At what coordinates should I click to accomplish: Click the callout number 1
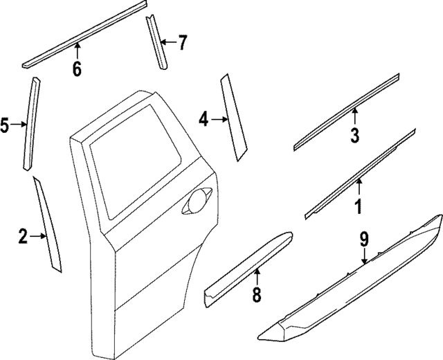pos(359,206)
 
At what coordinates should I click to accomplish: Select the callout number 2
pos(23,237)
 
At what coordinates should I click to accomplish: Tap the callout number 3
pos(354,135)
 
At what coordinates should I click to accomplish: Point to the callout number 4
pos(204,120)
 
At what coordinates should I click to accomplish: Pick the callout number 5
pos(5,125)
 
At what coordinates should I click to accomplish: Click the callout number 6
pos(77,69)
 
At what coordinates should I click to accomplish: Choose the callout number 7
pos(181,44)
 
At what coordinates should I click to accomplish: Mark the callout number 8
pos(256,295)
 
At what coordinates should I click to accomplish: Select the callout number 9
pos(364,240)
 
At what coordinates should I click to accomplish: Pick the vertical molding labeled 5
pos(30,121)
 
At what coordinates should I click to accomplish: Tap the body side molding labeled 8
pos(249,267)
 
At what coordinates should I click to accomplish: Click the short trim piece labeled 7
pos(156,42)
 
